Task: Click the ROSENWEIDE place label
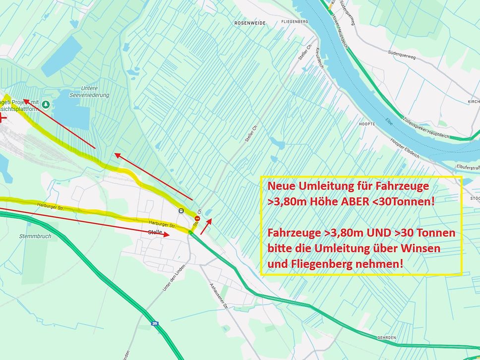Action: click(x=250, y=23)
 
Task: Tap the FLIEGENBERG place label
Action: click(x=295, y=22)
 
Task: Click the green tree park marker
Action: click(x=46, y=105)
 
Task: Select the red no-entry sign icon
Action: click(x=197, y=217)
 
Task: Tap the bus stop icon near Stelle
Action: click(x=181, y=211)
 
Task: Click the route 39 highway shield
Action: click(x=154, y=323)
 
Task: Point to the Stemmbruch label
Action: click(x=35, y=236)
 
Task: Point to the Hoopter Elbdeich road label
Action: click(x=405, y=148)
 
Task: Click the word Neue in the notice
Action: click(x=284, y=187)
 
